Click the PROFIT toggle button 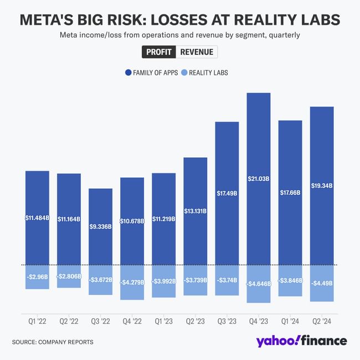click(x=159, y=52)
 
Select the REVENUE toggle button click(x=197, y=52)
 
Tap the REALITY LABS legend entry click(x=204, y=73)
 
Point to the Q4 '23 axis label click(x=259, y=321)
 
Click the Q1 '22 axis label click(x=38, y=321)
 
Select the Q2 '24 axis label click(x=322, y=321)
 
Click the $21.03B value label click(x=259, y=179)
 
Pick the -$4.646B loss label click(x=259, y=284)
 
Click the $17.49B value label click(x=227, y=193)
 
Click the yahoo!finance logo click(x=301, y=341)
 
